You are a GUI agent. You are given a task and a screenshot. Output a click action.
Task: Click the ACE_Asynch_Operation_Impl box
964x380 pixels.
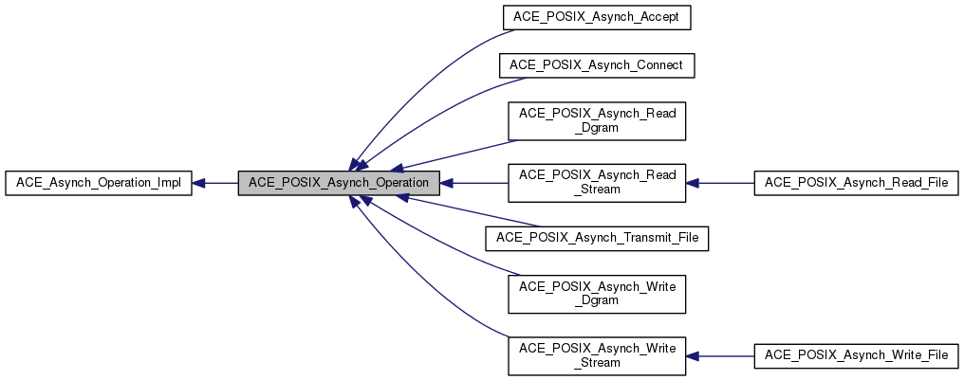99,183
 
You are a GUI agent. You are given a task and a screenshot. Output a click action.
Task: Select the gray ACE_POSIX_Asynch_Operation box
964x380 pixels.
339,183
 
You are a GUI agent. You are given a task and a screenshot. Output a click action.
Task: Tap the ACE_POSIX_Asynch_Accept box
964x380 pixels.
596,18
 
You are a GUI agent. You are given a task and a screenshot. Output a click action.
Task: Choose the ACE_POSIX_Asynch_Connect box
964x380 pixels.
598,65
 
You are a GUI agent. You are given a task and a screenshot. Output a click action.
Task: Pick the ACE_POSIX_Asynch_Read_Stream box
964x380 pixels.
597,182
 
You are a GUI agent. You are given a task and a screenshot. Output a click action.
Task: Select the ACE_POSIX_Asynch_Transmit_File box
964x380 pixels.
597,237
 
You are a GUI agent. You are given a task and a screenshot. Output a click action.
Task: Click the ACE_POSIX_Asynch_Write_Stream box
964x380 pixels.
597,355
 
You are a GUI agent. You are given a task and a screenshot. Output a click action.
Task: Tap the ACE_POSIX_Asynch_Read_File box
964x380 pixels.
856,183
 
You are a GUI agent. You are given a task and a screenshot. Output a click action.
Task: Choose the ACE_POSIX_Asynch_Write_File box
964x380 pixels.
856,355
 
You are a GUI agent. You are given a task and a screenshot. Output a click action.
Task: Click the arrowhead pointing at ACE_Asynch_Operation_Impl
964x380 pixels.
200,183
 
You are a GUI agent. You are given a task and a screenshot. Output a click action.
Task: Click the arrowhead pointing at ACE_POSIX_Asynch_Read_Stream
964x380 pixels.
694,183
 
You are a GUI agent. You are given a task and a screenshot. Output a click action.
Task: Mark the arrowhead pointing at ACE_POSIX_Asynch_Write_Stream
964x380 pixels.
694,355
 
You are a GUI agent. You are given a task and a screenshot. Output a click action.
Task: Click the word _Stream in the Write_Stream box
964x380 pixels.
597,363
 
